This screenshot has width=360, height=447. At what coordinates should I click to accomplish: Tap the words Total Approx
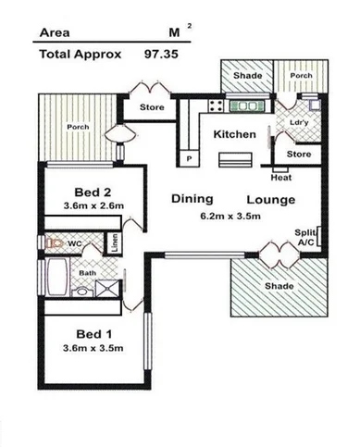coord(80,54)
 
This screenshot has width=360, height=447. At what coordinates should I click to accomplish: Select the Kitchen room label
coord(234,135)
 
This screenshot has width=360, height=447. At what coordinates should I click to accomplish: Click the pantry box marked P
coord(190,159)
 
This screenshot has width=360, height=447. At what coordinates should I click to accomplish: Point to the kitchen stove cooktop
coord(216,106)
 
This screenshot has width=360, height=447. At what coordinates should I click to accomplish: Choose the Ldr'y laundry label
coord(298,122)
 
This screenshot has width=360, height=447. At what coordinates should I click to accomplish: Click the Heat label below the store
coord(281,178)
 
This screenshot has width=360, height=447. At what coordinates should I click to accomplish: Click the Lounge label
coord(270,200)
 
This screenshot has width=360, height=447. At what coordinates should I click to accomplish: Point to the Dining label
coord(192,199)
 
